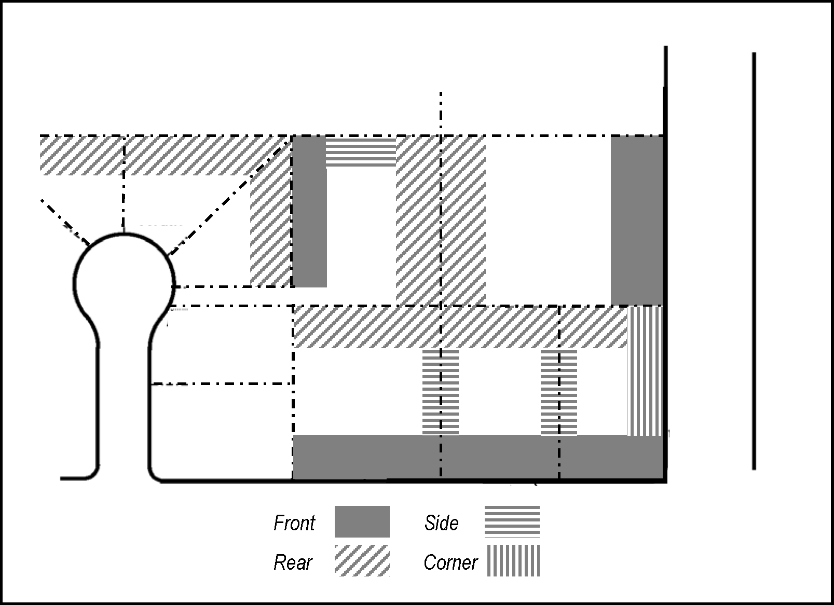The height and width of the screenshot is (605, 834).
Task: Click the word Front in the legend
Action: pyautogui.click(x=294, y=522)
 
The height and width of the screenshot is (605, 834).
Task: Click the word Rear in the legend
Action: pyautogui.click(x=293, y=562)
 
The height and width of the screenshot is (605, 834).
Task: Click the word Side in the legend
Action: pyautogui.click(x=441, y=522)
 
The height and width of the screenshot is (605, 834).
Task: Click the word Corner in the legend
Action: pyautogui.click(x=450, y=562)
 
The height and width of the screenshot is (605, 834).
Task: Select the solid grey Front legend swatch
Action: pyautogui.click(x=362, y=521)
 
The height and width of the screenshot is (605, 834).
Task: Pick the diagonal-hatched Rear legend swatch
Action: pyautogui.click(x=362, y=561)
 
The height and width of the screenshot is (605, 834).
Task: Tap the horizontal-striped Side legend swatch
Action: pyautogui.click(x=512, y=521)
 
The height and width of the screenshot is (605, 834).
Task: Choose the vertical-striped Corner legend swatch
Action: pyautogui.click(x=513, y=561)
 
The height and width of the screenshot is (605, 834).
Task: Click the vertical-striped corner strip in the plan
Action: pyautogui.click(x=645, y=371)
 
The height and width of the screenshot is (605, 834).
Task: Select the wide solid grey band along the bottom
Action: pyautogui.click(x=478, y=457)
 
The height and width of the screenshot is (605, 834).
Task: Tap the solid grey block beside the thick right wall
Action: pyautogui.click(x=637, y=221)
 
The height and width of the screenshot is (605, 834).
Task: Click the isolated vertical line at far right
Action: pyautogui.click(x=754, y=261)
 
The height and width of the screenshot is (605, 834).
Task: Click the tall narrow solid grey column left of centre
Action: pyautogui.click(x=310, y=212)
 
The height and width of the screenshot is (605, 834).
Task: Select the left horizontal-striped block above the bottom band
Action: pyautogui.click(x=441, y=392)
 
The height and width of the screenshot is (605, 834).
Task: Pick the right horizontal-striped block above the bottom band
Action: pyautogui.click(x=559, y=392)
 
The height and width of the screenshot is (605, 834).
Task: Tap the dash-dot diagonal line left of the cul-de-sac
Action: pyautogui.click(x=65, y=223)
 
